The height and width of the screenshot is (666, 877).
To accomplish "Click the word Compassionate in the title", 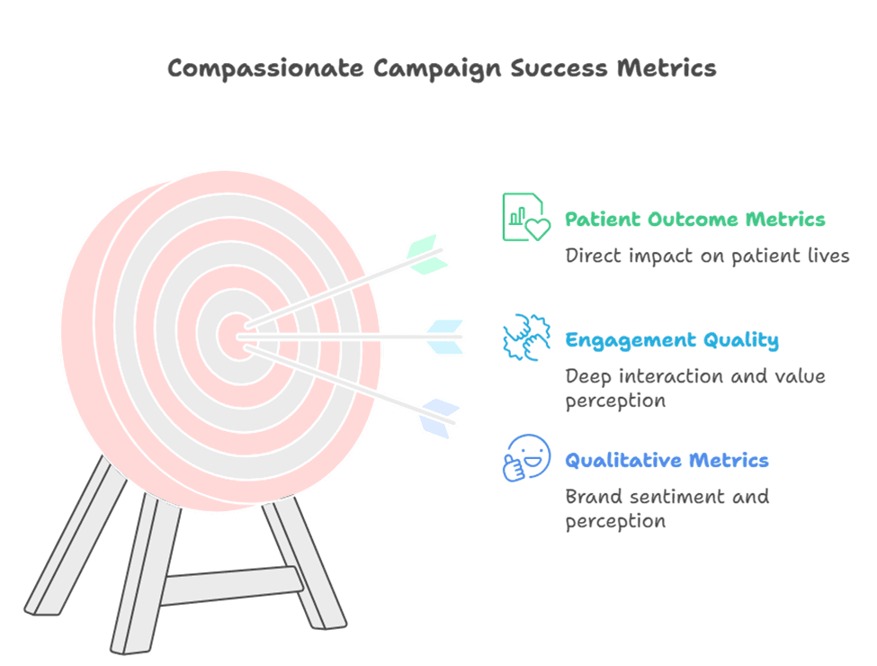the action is click(x=265, y=68).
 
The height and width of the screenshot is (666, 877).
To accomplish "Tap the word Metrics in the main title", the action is click(x=667, y=68).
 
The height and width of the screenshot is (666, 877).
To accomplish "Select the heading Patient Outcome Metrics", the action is click(x=694, y=219).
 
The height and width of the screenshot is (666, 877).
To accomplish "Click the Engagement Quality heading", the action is click(x=672, y=340).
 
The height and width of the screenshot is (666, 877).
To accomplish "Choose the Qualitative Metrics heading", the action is click(x=667, y=460).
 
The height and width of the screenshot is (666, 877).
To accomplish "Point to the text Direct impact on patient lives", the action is click(x=707, y=256).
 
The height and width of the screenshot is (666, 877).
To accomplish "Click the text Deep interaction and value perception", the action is click(x=695, y=389).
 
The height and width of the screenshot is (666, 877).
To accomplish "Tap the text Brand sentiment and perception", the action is click(x=667, y=508).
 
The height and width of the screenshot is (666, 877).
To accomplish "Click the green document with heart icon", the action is click(x=526, y=217).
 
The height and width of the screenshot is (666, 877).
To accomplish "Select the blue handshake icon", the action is click(x=526, y=337).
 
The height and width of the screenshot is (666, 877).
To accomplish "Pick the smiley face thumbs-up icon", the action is click(x=526, y=458).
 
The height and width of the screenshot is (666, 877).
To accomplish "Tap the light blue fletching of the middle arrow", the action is click(x=445, y=337).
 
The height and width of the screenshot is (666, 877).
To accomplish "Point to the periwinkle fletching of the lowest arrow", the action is click(x=440, y=418).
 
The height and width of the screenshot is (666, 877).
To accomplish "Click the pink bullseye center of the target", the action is click(x=236, y=337).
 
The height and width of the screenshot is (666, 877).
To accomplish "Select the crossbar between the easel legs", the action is click(x=232, y=586).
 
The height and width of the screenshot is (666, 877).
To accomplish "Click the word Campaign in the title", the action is click(x=437, y=69).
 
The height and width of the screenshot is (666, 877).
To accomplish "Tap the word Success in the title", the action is click(x=559, y=68).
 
